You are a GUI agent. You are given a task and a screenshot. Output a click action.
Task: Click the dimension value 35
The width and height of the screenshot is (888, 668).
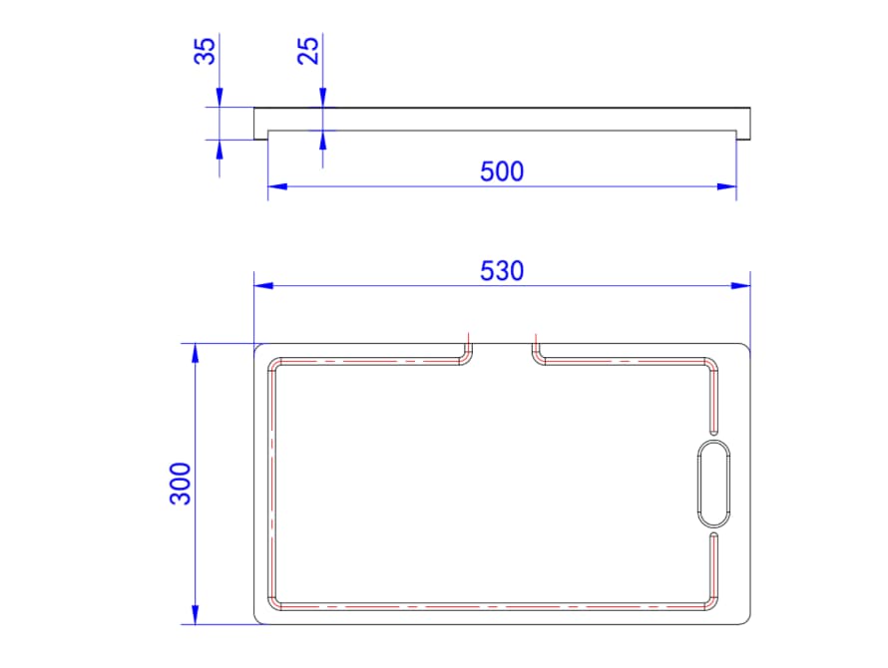coord(205,51)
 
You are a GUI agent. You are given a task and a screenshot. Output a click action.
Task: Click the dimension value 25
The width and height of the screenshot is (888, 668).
coord(308,51)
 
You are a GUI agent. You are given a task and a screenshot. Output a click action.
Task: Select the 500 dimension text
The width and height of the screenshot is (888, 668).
coord(502,171)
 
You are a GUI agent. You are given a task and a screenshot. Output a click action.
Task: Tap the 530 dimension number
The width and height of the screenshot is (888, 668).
coord(502,271)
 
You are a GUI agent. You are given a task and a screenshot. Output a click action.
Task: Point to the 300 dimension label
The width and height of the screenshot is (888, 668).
coord(182,484)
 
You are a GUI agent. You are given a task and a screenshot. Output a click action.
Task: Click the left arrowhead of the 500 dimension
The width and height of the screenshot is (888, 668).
coord(277,186)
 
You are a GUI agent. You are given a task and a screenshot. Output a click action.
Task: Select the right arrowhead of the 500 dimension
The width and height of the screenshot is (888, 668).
coord(726,186)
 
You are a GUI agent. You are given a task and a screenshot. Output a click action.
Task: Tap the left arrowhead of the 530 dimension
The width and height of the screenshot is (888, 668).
coord(264,286)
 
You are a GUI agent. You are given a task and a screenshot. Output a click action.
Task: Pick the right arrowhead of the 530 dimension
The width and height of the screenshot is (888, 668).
coord(740,286)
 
